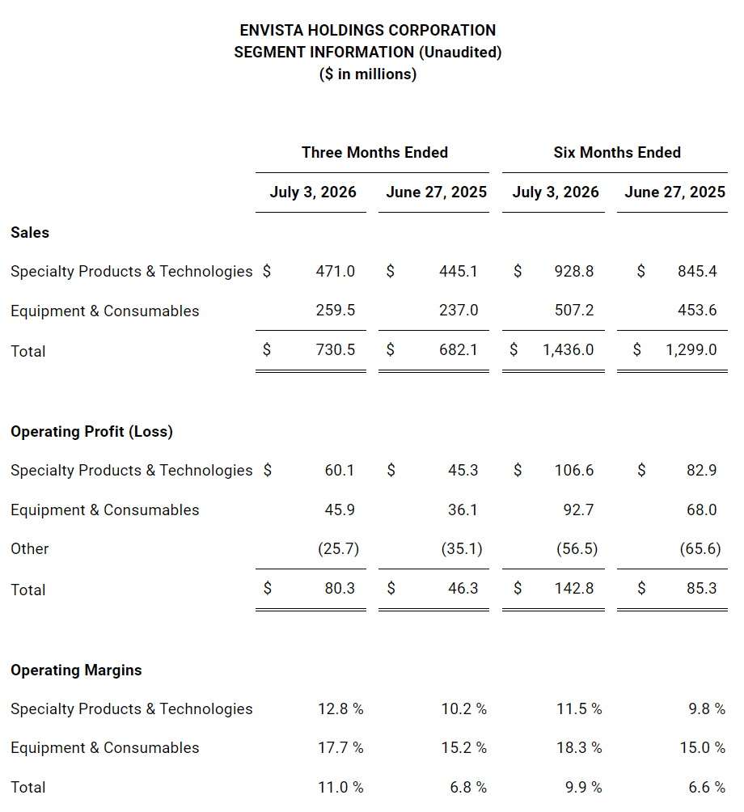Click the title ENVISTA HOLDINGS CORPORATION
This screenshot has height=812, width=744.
click(368, 30)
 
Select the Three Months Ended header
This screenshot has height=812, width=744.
click(375, 152)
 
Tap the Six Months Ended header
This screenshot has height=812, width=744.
click(617, 152)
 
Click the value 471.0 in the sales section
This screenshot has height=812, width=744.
click(336, 271)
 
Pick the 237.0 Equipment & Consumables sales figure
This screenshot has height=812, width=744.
click(459, 311)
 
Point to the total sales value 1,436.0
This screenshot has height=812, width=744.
click(568, 349)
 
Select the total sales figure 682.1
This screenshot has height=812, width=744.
click(459, 349)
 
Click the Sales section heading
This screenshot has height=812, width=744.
click(30, 232)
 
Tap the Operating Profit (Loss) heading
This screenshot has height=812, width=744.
click(91, 431)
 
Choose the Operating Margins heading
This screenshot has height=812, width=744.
click(76, 670)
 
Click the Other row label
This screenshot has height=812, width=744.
click(29, 548)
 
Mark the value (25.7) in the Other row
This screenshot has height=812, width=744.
click(339, 548)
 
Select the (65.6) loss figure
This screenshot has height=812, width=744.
click(700, 548)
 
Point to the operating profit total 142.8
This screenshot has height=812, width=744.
click(574, 588)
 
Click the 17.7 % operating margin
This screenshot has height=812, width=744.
click(340, 747)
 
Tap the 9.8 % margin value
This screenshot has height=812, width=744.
click(707, 708)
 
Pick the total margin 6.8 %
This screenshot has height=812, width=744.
click(468, 787)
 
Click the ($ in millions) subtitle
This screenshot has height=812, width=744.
click(368, 74)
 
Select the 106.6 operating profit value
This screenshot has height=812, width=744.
click(574, 470)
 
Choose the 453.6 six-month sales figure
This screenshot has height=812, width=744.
click(697, 311)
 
